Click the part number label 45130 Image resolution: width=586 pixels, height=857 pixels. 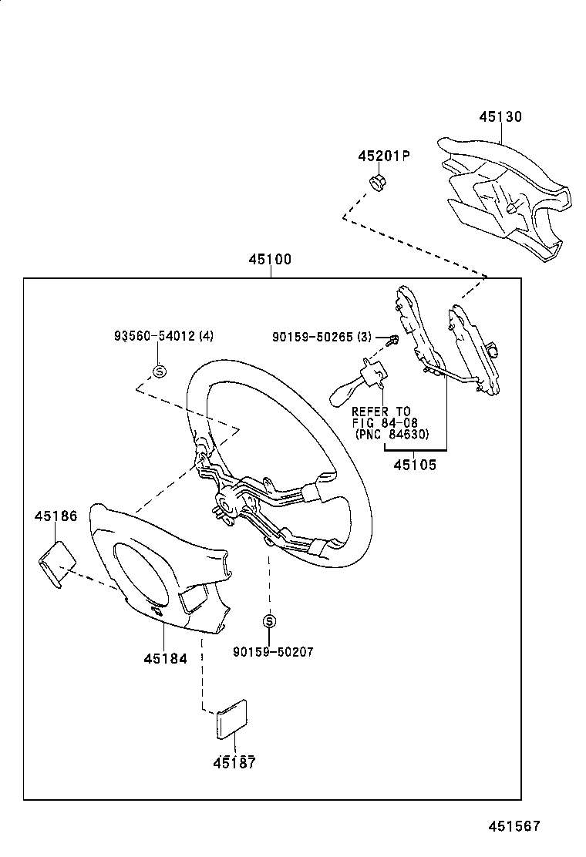click(x=500, y=117)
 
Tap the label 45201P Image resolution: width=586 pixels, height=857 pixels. click(x=383, y=156)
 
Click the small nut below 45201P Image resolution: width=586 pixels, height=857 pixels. click(x=378, y=183)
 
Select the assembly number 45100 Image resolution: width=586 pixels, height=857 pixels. click(x=270, y=260)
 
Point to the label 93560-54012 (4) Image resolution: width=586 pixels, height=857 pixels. click(x=163, y=336)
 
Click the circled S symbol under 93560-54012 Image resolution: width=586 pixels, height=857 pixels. click(x=160, y=371)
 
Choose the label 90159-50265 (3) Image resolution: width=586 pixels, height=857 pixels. click(x=323, y=337)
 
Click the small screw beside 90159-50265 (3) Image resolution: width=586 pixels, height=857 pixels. click(x=392, y=339)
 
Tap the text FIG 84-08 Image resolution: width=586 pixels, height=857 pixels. click(x=382, y=422)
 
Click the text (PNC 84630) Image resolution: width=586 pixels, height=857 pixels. click(x=391, y=434)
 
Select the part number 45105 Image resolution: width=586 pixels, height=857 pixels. click(x=415, y=465)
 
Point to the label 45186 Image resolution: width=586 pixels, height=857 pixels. click(x=56, y=516)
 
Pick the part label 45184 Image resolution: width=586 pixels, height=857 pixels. click(x=165, y=659)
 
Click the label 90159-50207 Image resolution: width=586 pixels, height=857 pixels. click(x=273, y=652)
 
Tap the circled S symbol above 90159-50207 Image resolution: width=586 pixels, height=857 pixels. click(x=269, y=621)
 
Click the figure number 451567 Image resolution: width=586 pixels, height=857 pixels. click(x=513, y=826)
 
